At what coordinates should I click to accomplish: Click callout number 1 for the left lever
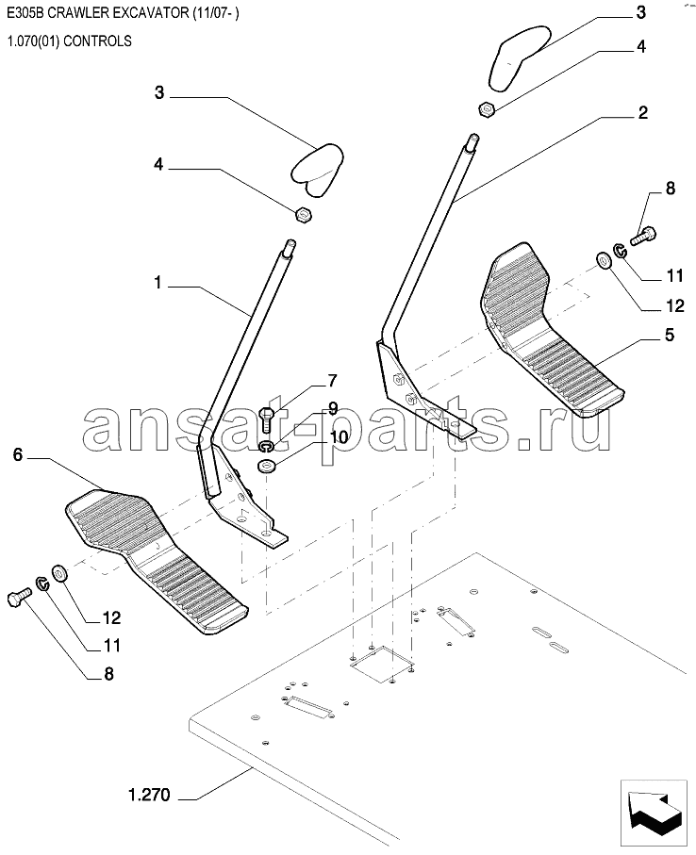coord(157,283)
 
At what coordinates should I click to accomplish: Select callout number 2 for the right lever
coord(642,113)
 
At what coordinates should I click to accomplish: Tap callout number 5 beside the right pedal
coord(670,335)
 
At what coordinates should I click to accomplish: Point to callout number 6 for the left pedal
coord(18,454)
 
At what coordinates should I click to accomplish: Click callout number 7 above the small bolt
coord(332,380)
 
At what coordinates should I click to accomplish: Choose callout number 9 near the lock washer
coord(333,408)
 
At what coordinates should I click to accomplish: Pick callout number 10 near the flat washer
coord(339,436)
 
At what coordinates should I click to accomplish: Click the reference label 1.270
coord(149,795)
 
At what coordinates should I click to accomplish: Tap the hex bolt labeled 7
coord(267,420)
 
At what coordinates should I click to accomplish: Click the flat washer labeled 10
coord(266,466)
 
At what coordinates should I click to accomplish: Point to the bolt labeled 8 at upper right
coord(643,237)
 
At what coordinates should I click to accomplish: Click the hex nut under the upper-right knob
coord(487,109)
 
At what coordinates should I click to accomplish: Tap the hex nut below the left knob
coord(303,215)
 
